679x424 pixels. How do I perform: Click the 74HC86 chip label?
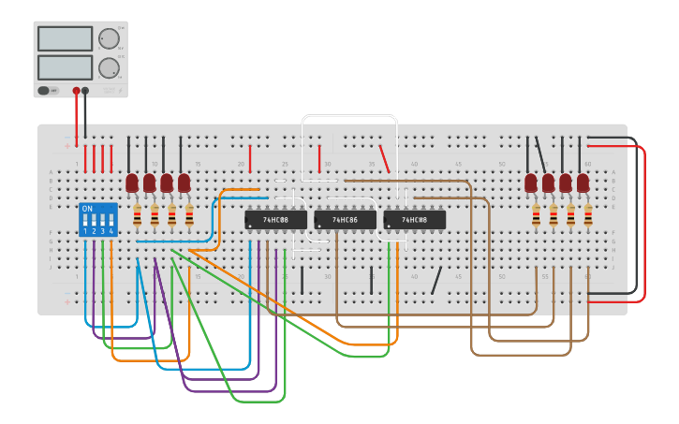[345, 220]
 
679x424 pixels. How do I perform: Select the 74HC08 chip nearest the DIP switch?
[275, 220]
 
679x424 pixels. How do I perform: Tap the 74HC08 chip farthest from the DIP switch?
[414, 220]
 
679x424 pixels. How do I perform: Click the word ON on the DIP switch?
[87, 209]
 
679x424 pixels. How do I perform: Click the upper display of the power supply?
[65, 38]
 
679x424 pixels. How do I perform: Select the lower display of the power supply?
[65, 67]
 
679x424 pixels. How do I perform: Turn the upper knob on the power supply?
[109, 38]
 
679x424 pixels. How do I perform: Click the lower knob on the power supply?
[109, 67]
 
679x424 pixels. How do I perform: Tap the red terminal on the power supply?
[76, 91]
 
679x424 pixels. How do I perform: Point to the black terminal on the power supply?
[85, 91]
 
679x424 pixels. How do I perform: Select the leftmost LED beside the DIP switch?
[132, 182]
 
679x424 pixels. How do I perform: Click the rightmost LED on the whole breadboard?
[583, 182]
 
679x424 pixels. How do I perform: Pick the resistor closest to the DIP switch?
[138, 216]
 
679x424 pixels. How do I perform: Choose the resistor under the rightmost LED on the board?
[588, 216]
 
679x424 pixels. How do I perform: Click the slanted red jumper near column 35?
[384, 158]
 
